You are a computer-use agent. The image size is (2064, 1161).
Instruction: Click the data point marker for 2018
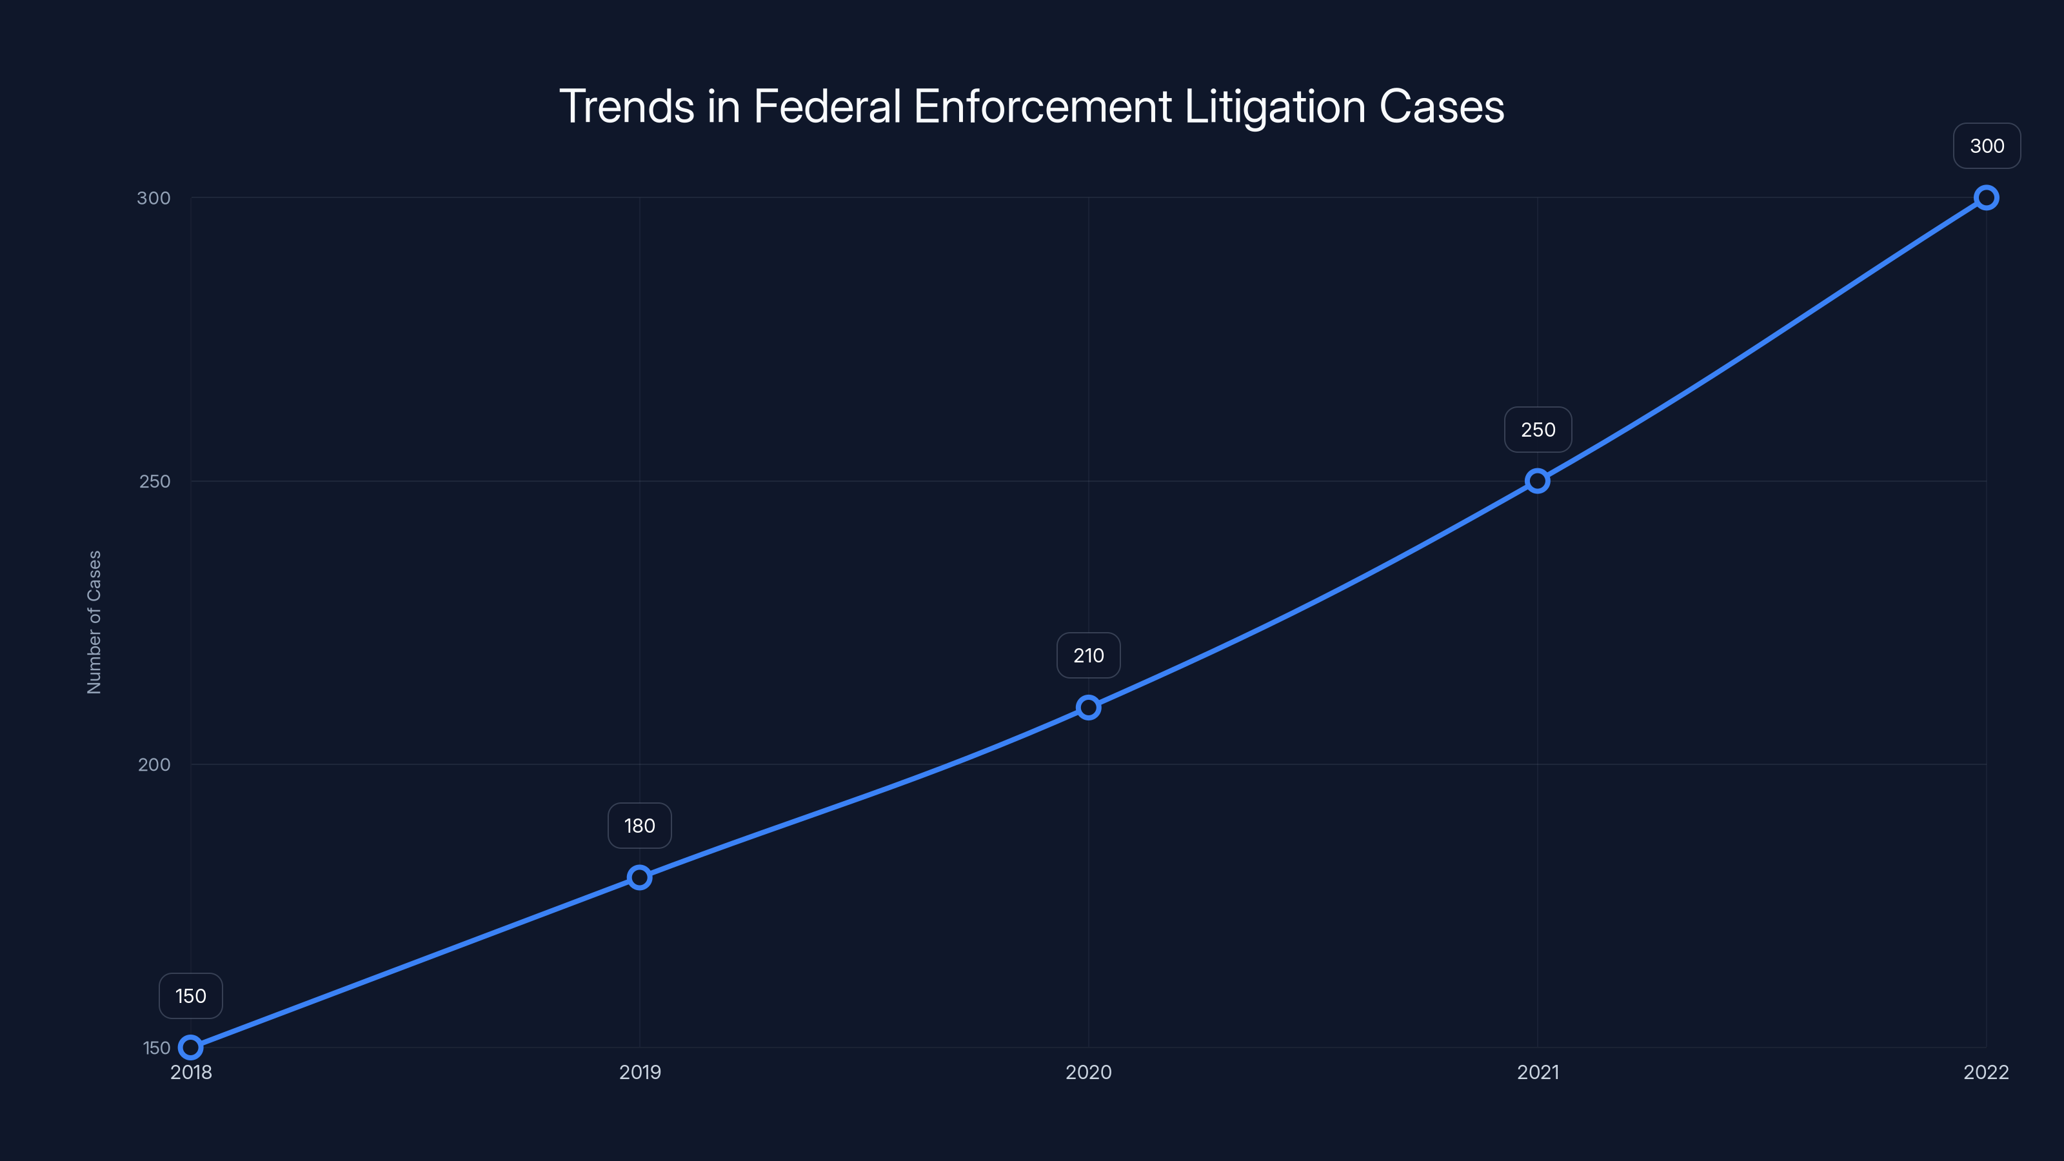[191, 1047]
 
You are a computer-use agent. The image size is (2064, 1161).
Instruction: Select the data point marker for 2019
[639, 877]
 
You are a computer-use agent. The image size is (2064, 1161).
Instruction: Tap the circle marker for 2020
[1088, 707]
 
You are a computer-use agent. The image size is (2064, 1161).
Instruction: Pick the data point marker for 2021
[1537, 481]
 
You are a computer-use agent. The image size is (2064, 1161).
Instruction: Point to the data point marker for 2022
[1987, 197]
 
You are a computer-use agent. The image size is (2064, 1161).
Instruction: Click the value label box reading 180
[639, 826]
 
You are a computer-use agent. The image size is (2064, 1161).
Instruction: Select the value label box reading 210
[1088, 655]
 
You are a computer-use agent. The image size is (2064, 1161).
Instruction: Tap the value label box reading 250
[1538, 430]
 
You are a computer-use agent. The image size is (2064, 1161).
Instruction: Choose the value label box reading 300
[1987, 146]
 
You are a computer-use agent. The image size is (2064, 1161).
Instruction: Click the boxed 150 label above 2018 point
[191, 996]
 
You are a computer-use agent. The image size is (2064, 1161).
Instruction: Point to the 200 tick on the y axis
[154, 764]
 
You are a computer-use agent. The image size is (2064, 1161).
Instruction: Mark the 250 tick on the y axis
[155, 482]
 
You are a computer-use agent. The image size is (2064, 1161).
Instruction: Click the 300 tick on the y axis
[154, 198]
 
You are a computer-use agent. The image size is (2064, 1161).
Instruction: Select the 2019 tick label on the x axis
[639, 1072]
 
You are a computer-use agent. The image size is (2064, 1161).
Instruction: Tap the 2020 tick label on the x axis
[1088, 1072]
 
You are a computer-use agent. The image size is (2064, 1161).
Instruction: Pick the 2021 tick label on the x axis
[1538, 1072]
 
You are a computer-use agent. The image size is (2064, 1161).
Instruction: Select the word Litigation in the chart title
[1274, 106]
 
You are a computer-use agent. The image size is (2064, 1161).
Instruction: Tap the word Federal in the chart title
[827, 106]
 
